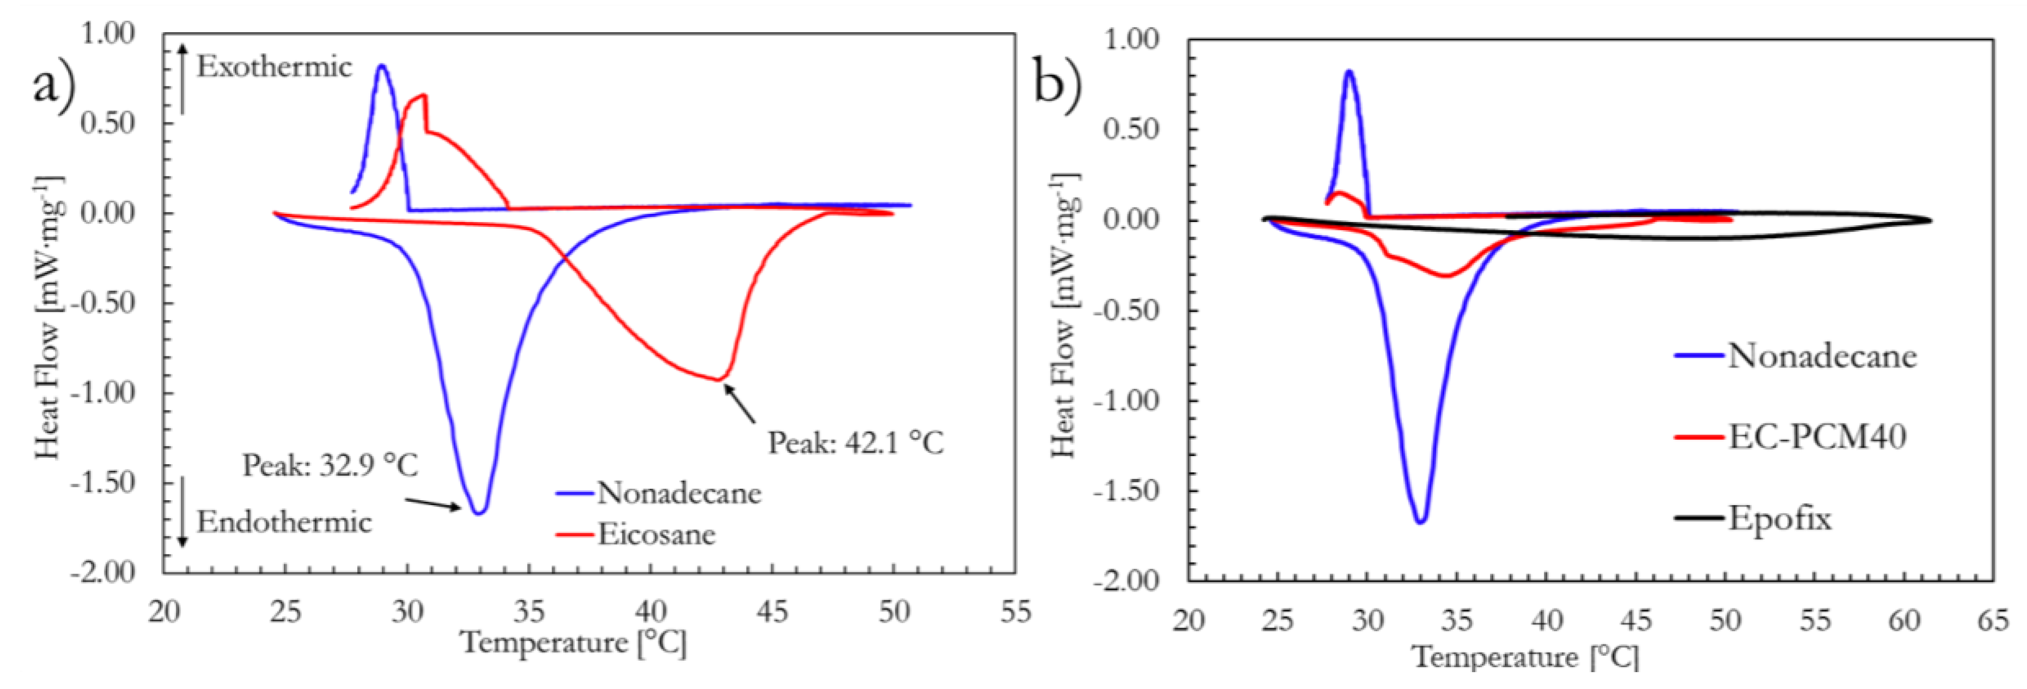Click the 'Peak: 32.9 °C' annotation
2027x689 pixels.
[329, 466]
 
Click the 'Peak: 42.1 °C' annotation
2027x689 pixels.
[856, 443]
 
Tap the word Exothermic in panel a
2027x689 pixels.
[274, 67]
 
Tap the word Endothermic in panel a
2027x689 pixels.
[284, 522]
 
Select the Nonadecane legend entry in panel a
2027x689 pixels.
[678, 493]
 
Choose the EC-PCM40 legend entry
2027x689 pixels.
[1816, 436]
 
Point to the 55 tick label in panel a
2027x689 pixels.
[1015, 612]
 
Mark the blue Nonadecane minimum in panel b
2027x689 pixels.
[1421, 521]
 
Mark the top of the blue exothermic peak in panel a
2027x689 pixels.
[382, 66]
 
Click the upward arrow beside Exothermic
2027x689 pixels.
[182, 79]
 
